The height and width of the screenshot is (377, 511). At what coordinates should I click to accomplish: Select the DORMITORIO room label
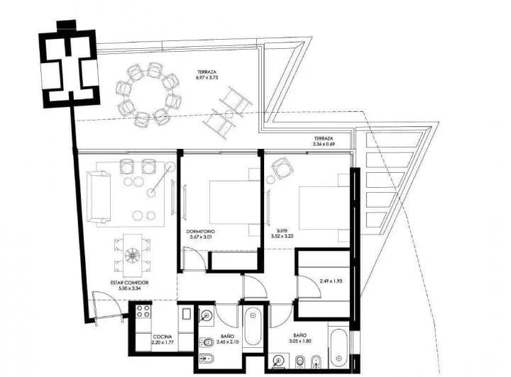click(x=201, y=235)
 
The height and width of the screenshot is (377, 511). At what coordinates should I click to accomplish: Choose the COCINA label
click(x=162, y=340)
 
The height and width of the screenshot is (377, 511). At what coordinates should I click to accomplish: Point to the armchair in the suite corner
click(x=282, y=168)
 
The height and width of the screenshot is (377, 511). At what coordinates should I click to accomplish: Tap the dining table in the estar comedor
click(x=133, y=255)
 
